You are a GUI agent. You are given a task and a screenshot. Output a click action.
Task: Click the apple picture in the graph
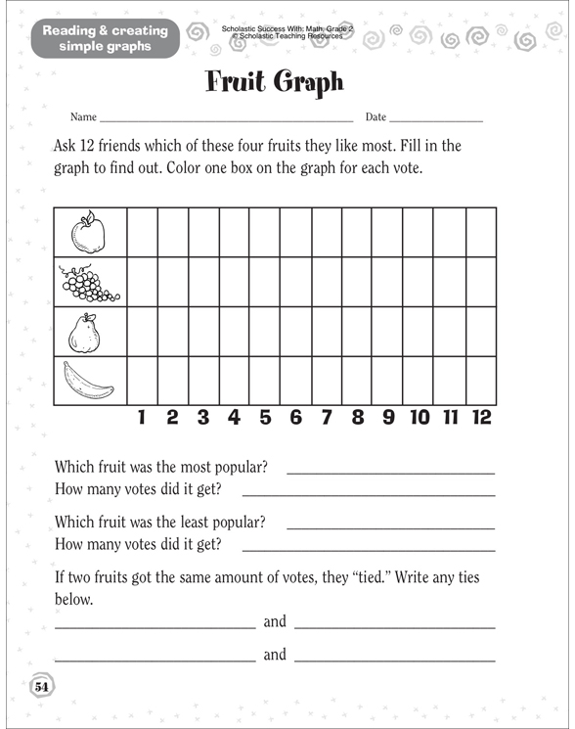tap(87, 232)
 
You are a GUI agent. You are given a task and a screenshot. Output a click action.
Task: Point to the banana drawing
tap(87, 382)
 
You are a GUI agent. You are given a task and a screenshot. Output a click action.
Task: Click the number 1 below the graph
tap(142, 418)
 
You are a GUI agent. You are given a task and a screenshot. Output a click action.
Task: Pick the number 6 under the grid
tap(295, 418)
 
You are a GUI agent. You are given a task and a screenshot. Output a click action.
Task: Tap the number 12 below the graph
tap(480, 418)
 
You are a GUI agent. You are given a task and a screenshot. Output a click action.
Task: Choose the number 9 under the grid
tap(388, 418)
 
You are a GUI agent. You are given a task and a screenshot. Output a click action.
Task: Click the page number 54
tap(41, 686)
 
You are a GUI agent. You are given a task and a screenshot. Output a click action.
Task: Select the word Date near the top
tap(376, 117)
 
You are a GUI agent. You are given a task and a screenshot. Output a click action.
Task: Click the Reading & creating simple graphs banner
tap(105, 38)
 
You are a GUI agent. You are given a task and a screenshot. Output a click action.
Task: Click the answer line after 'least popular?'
tap(390, 526)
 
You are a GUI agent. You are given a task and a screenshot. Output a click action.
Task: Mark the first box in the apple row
tap(142, 232)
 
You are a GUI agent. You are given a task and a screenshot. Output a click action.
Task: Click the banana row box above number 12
tap(480, 382)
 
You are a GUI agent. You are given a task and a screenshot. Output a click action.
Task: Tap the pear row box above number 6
tap(295, 332)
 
